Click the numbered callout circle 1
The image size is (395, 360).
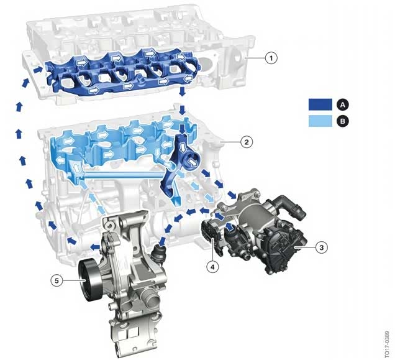coord(271,58)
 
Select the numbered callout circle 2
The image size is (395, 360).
coord(247,142)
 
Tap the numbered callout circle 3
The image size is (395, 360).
coord(322,247)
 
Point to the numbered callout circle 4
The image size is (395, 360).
coord(212,267)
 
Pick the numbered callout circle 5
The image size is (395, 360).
coord(57,280)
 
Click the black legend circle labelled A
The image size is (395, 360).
coord(343,104)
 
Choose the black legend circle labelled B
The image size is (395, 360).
coord(343,121)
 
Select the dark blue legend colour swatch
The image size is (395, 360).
coord(320,104)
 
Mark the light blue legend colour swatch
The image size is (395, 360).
coord(320,121)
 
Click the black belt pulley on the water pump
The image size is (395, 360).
coord(90,280)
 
